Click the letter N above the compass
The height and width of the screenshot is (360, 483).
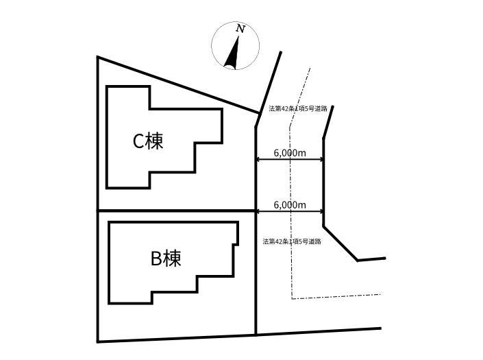[x=240, y=29]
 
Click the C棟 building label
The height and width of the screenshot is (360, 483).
[x=148, y=141]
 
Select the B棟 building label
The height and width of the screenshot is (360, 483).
[x=166, y=259]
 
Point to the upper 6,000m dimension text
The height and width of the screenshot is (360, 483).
[x=290, y=152]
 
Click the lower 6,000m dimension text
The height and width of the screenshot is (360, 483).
[x=290, y=205]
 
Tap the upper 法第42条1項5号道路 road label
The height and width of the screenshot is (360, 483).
[x=297, y=108]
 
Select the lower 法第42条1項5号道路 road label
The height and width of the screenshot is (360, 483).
[x=292, y=241]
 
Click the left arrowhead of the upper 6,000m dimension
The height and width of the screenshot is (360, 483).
[x=258, y=159]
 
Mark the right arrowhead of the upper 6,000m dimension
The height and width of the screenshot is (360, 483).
[x=321, y=159]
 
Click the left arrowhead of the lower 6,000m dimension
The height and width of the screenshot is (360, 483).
[x=258, y=211]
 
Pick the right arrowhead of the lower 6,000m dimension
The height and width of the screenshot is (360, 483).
[x=321, y=211]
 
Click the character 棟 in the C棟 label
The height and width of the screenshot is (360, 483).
[x=155, y=141]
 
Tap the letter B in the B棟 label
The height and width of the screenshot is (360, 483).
[x=156, y=259]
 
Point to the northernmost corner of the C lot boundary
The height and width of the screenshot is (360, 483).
[x=98, y=57]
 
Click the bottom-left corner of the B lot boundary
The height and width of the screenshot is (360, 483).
[x=98, y=341]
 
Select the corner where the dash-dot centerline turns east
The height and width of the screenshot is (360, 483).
[x=292, y=298]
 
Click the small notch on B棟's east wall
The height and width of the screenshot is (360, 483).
[x=236, y=244]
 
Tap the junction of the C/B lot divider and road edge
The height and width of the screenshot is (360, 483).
[x=256, y=211]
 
